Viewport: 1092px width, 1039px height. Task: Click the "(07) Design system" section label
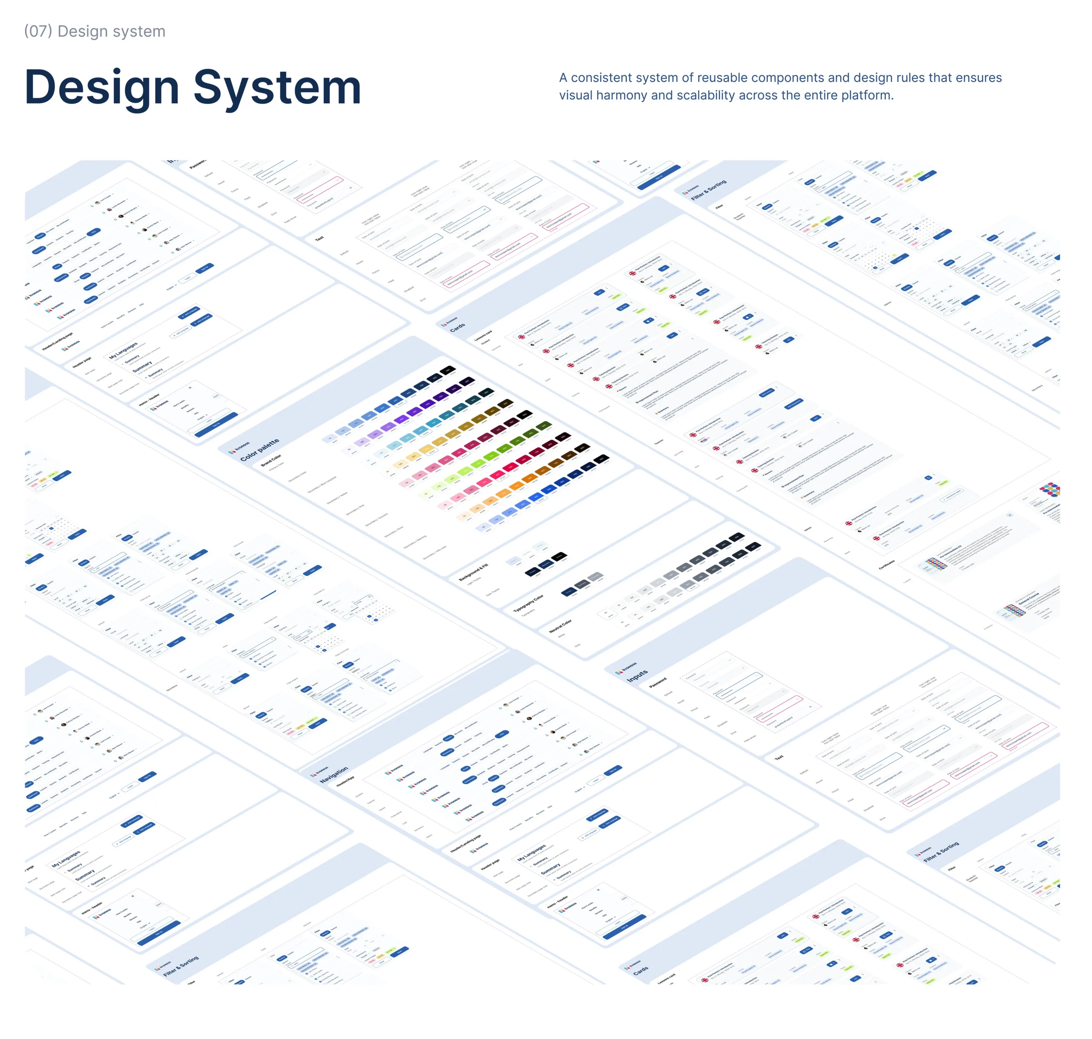pos(95,32)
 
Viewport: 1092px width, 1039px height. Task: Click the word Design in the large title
pos(102,87)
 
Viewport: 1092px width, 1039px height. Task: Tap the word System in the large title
pos(277,87)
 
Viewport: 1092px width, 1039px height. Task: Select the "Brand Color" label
pos(271,460)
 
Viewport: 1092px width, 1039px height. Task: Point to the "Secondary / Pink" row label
pos(355,510)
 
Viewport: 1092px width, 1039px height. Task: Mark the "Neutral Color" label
pos(561,627)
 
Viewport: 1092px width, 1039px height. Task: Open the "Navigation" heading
pos(334,775)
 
